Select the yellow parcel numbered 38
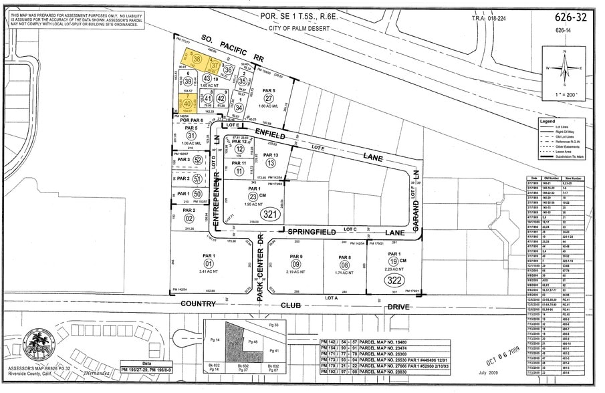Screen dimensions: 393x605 click(197, 59)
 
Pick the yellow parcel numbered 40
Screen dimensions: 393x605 click(187, 104)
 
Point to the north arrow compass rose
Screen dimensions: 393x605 click(565, 68)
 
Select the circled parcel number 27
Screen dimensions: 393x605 click(268, 98)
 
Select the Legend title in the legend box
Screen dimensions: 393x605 click(547, 122)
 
